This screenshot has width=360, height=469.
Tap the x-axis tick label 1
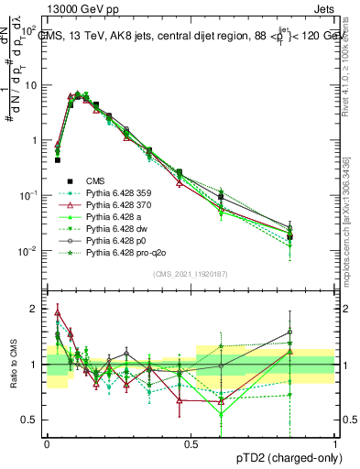point(335,443)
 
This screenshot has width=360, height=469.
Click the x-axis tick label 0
point(47,443)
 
